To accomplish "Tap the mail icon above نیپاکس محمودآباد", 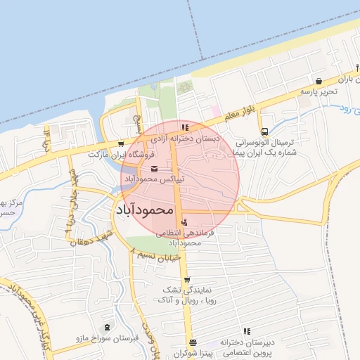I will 155,169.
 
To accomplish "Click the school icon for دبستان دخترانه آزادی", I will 185,128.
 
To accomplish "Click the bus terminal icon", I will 264,131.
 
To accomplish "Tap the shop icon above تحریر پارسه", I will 320,81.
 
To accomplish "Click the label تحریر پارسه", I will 320,92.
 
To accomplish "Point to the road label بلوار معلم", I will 242,108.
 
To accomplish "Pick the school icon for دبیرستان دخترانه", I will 247,331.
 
